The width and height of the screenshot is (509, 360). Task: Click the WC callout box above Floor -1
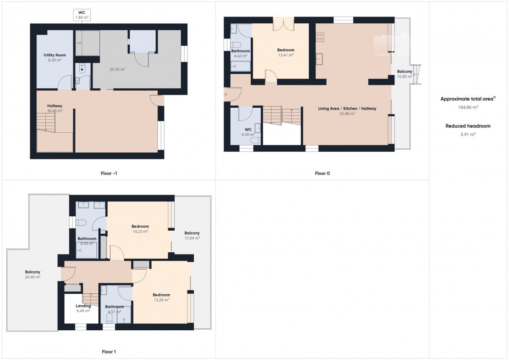(82, 15)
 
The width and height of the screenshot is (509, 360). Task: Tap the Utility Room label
(55, 55)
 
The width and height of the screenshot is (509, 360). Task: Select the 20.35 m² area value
(117, 69)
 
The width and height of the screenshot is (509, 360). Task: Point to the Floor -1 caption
(109, 173)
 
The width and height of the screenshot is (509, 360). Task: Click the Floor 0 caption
(322, 173)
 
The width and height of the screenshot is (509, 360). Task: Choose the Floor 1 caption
(109, 352)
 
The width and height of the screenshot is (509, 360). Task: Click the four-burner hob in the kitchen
(320, 37)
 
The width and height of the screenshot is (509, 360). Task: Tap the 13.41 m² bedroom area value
(286, 55)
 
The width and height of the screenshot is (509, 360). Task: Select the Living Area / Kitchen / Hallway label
(347, 109)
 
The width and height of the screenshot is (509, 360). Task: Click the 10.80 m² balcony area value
(405, 77)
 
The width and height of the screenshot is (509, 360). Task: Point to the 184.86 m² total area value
(468, 107)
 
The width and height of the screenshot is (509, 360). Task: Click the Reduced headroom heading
(468, 126)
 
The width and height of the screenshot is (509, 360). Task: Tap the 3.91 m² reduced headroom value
(468, 134)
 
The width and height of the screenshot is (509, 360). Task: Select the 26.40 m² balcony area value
(33, 277)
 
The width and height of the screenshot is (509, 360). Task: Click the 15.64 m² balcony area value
(192, 238)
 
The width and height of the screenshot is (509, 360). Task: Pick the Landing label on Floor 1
(84, 306)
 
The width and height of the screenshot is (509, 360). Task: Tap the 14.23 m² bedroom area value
(140, 232)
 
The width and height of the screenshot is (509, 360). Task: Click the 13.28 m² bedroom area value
(161, 300)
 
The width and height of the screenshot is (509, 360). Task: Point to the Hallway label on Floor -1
(55, 106)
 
